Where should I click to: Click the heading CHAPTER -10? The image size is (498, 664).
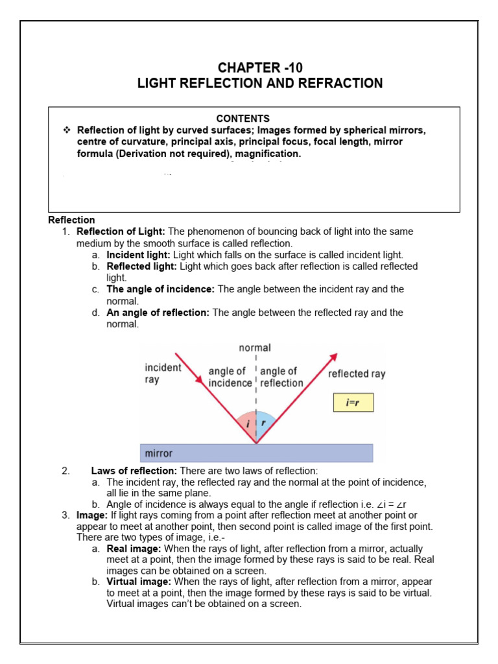pos(259,67)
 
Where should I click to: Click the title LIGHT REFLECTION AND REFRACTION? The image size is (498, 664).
pos(259,83)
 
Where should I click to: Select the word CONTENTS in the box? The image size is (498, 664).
pos(243,119)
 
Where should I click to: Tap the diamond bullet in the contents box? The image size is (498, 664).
pos(66,130)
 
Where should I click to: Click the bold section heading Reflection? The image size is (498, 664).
pos(71,220)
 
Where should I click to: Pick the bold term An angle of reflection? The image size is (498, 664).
pos(158,313)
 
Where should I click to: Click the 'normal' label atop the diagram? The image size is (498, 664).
pos(255,348)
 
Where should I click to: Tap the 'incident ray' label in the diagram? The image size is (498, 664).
pos(163,373)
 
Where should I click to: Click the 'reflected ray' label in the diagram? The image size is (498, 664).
pos(357,373)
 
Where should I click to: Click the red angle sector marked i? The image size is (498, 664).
pos(247,424)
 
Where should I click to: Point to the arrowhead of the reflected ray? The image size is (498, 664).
pos(334,357)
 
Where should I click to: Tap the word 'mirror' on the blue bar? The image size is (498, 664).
pos(160,453)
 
